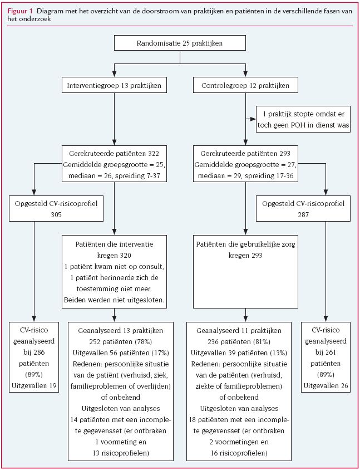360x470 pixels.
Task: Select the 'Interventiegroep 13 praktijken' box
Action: [114, 86]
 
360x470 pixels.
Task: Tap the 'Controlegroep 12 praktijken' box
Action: [245, 86]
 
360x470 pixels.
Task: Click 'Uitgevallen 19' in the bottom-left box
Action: [34, 385]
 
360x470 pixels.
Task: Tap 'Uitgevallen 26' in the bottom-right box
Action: [326, 385]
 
